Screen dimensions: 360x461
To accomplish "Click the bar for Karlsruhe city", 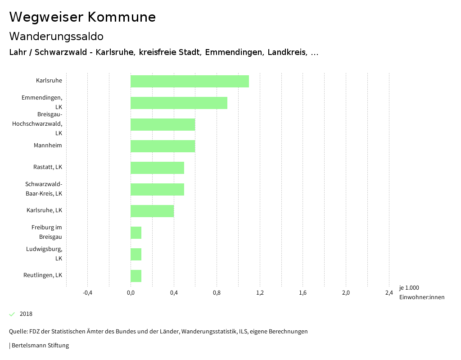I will pyautogui.click(x=190, y=81).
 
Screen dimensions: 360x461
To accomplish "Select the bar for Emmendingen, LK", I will pyautogui.click(x=179, y=103).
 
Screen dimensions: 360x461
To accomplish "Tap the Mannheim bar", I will pyautogui.click(x=163, y=146).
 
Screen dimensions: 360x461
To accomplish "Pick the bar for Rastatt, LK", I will pyautogui.click(x=157, y=168).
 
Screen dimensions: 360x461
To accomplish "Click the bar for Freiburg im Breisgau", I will pyautogui.click(x=136, y=232).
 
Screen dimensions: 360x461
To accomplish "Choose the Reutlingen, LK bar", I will pyautogui.click(x=136, y=276).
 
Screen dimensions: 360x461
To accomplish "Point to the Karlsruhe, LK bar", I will pyautogui.click(x=152, y=211).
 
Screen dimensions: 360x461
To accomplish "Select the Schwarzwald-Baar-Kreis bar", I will pyautogui.click(x=157, y=189).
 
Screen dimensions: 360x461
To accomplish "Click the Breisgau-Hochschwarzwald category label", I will pyautogui.click(x=37, y=124).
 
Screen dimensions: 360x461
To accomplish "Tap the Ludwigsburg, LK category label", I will pyautogui.click(x=44, y=254).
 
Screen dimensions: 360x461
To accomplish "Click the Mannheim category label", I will pyautogui.click(x=48, y=146).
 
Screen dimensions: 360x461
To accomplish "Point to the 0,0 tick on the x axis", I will pyautogui.click(x=131, y=293).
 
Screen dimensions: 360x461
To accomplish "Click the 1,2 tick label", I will pyautogui.click(x=260, y=293).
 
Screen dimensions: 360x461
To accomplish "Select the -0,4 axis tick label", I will pyautogui.click(x=88, y=293).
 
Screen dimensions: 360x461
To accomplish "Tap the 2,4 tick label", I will pyautogui.click(x=389, y=293).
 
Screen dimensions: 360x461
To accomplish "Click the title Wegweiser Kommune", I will pyautogui.click(x=82, y=17).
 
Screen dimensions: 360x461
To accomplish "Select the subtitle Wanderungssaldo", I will pyautogui.click(x=56, y=36).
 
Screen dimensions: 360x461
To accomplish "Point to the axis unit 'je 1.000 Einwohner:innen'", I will pyautogui.click(x=421, y=292).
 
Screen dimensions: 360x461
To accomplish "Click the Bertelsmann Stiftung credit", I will pyautogui.click(x=40, y=346).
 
